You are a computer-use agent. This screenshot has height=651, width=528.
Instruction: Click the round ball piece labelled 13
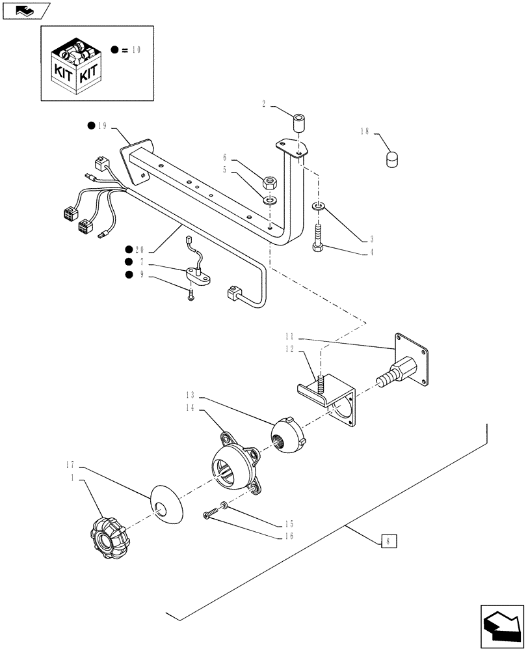[x=287, y=436]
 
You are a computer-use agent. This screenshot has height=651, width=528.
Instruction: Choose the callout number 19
[x=101, y=126]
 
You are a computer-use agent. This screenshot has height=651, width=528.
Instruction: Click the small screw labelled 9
[x=191, y=295]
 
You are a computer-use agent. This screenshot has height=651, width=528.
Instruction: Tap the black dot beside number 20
[x=130, y=249]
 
